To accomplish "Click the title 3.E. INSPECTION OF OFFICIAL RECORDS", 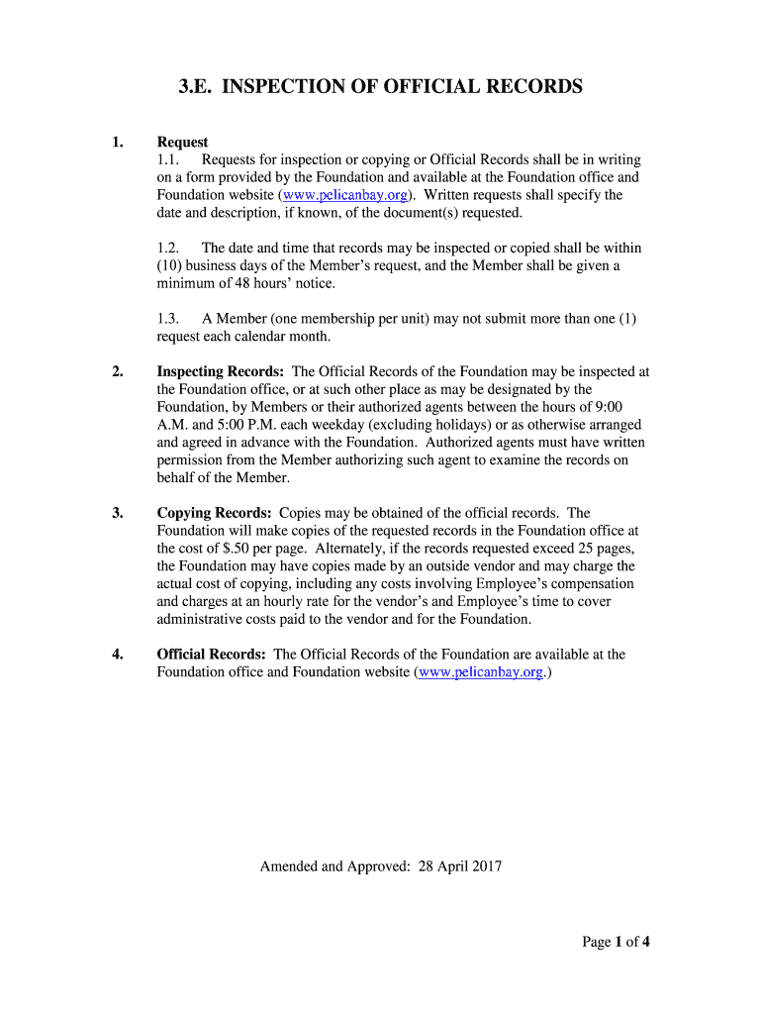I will click(380, 87).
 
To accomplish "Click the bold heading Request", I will click(182, 142).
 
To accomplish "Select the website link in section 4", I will click(480, 672).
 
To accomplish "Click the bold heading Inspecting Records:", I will click(221, 371).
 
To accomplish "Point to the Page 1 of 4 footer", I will click(615, 942).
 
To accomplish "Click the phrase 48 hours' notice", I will click(276, 283).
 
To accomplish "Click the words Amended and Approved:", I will click(334, 866).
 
